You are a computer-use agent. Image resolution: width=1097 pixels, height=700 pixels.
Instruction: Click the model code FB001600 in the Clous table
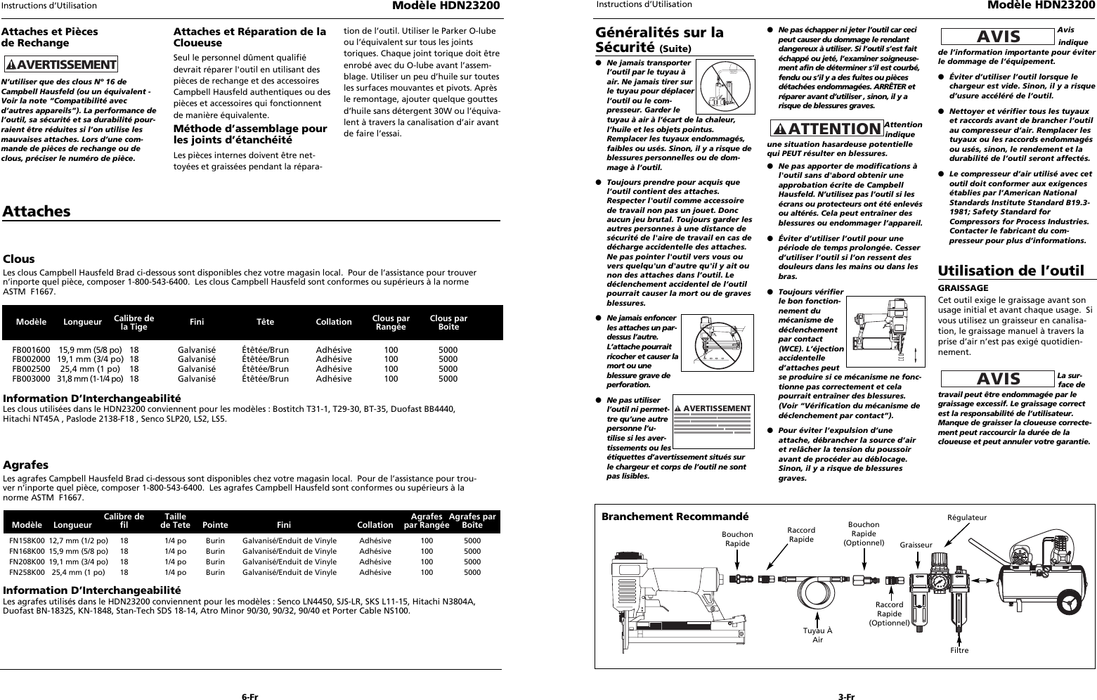[31, 350]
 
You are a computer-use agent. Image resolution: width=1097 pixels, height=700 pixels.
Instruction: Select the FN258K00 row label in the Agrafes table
[27, 572]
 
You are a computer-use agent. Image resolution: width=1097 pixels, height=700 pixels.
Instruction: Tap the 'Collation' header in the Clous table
[334, 322]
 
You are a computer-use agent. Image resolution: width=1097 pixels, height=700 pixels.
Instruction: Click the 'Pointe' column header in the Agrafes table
[215, 525]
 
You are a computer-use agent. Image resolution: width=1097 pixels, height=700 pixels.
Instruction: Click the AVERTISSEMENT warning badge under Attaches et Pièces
[60, 65]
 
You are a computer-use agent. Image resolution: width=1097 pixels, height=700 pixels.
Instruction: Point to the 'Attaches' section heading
[37, 212]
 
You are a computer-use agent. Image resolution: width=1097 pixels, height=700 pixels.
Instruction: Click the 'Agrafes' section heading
[25, 465]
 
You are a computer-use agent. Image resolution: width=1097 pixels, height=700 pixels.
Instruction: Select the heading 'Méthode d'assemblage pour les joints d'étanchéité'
[250, 134]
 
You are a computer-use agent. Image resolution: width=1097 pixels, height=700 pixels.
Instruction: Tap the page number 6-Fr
[249, 678]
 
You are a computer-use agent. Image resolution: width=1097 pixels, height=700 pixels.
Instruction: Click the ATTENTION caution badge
[826, 129]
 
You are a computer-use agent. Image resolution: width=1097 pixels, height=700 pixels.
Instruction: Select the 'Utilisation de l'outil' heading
[1011, 271]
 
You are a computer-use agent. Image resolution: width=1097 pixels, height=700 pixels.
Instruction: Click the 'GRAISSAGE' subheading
[963, 288]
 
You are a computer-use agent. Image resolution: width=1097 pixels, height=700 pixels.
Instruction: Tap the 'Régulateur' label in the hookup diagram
[967, 518]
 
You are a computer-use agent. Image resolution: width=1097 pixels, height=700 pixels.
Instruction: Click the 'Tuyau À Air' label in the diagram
[817, 635]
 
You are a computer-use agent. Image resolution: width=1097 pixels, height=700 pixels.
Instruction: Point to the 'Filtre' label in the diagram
[959, 650]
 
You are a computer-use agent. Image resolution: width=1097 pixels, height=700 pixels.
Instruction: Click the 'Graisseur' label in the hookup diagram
[916, 545]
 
